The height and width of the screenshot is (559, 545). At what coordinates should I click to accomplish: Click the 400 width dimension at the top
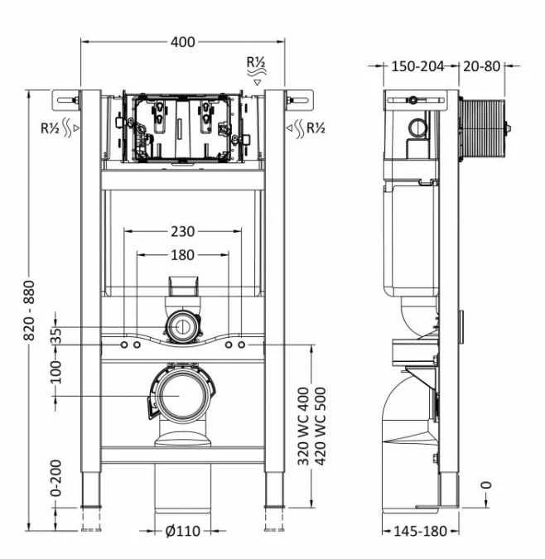[183, 42]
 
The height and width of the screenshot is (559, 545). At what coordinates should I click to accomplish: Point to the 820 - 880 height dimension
[31, 305]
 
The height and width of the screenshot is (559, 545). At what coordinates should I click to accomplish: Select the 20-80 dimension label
[480, 66]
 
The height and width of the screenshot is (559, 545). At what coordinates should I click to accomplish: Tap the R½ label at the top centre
[256, 64]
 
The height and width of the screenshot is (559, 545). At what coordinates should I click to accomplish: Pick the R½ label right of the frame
[315, 128]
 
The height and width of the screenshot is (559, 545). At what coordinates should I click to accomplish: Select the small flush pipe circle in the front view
[181, 327]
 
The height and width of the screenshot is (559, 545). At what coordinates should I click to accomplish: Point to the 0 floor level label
[486, 484]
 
